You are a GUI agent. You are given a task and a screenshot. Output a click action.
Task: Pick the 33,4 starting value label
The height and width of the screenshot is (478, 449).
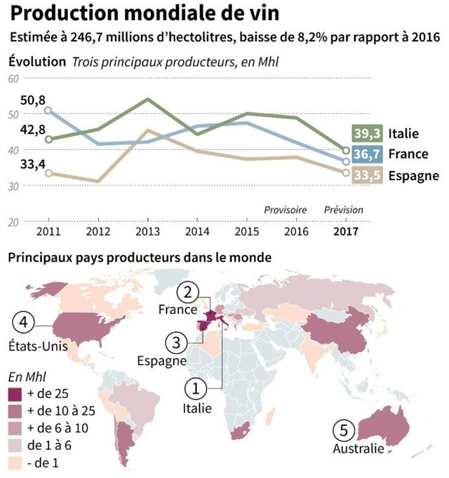pos(32,164)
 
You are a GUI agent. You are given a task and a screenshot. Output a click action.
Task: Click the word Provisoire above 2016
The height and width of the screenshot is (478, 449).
pos(285,210)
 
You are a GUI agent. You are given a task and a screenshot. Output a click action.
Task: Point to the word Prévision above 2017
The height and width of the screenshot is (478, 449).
pos(344,210)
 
